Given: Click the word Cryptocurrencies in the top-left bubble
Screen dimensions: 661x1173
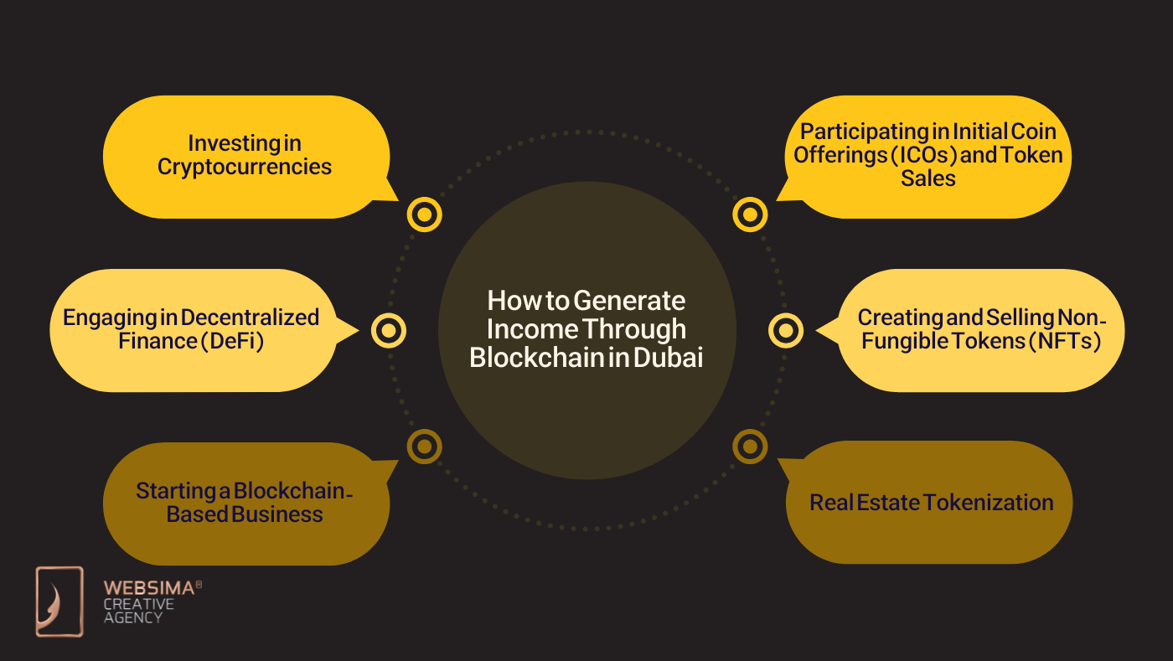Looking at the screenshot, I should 245,167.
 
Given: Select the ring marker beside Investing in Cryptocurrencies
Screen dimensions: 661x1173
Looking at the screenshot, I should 424,214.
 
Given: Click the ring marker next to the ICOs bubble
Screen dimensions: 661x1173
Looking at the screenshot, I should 749,214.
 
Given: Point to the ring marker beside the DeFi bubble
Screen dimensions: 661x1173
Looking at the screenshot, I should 388,330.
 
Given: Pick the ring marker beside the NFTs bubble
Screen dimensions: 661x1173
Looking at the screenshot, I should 785,330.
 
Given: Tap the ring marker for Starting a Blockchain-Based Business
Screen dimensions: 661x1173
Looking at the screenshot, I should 424,446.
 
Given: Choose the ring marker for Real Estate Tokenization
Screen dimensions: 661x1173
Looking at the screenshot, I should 749,446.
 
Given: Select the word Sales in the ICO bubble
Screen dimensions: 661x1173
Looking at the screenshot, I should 928,178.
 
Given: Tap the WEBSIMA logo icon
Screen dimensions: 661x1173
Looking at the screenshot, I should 59,601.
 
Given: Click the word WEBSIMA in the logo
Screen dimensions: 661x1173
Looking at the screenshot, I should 148,588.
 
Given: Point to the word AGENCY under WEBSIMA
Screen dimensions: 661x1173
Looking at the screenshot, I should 132,617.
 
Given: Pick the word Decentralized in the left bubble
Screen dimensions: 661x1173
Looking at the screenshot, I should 250,318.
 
